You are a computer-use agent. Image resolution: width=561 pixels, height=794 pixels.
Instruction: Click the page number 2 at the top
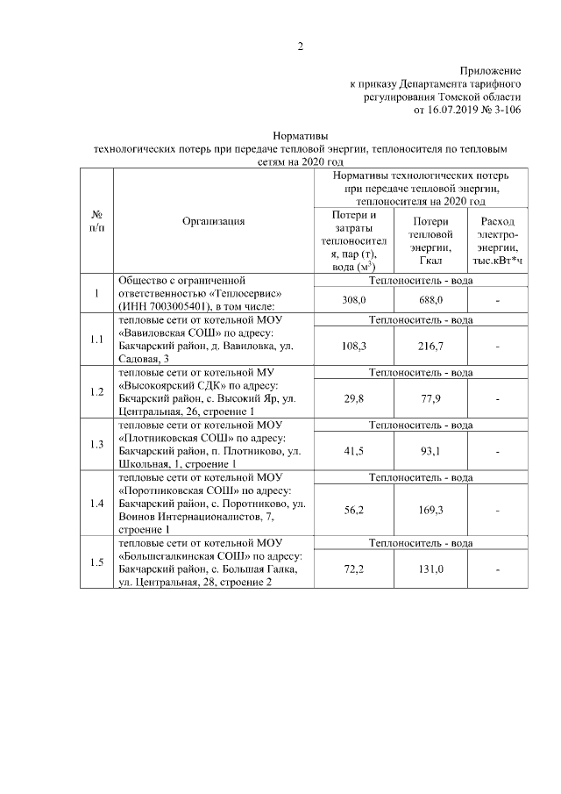[x=300, y=46]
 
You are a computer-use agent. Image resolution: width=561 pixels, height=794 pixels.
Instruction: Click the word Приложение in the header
[x=491, y=69]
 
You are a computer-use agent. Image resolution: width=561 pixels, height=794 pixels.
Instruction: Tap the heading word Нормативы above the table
[x=301, y=137]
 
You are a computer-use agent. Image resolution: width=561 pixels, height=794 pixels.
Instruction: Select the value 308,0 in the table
[x=353, y=300]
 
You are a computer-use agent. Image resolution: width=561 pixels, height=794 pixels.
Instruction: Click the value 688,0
[x=430, y=300]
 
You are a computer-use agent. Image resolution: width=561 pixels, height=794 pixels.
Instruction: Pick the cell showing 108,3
[x=353, y=347]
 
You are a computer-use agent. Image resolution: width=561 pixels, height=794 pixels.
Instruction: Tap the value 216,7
[x=430, y=347]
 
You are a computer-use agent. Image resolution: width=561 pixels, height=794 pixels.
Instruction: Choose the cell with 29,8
[x=353, y=398]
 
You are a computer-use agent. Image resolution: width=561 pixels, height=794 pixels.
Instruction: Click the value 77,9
[x=430, y=398]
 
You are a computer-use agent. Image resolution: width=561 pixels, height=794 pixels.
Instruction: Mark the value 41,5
[x=353, y=450]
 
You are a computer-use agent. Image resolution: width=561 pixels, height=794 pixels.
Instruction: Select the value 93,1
[x=430, y=450]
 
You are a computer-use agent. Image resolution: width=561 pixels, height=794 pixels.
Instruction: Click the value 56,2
[x=353, y=509]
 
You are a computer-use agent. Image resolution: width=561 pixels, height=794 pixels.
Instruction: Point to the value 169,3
[x=430, y=509]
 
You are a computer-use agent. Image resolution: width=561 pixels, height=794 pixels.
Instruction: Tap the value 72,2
[x=353, y=569]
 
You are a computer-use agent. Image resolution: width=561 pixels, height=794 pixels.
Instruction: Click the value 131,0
[x=430, y=569]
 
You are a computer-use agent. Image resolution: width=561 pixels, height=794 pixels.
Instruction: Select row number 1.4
[x=97, y=504]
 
